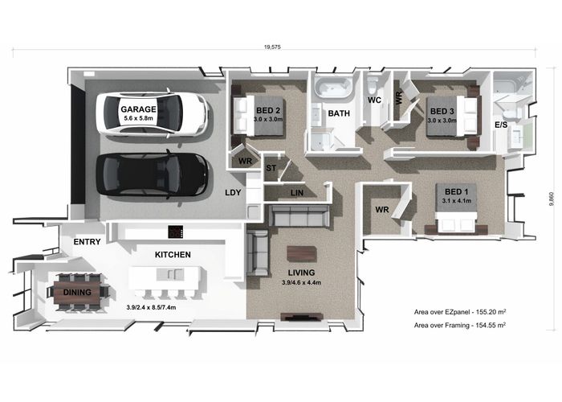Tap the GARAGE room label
coord(138,109)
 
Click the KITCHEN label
coord(173,255)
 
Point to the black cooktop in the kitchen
coord(176,232)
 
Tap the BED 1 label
coord(456,191)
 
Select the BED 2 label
coord(267,110)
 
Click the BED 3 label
coord(442,111)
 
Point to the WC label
coord(374,100)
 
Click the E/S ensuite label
coord(501,126)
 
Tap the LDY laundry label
coord(234,194)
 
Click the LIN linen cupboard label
coord(295,193)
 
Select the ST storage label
coord(271,167)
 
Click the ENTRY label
coord(86,242)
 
